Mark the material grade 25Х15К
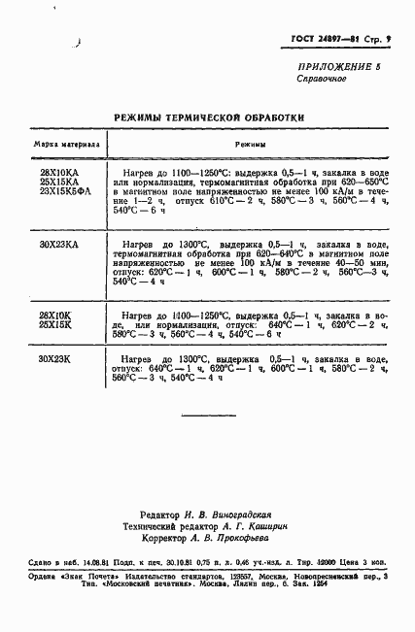coord(55,325)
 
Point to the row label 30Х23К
coord(55,359)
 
